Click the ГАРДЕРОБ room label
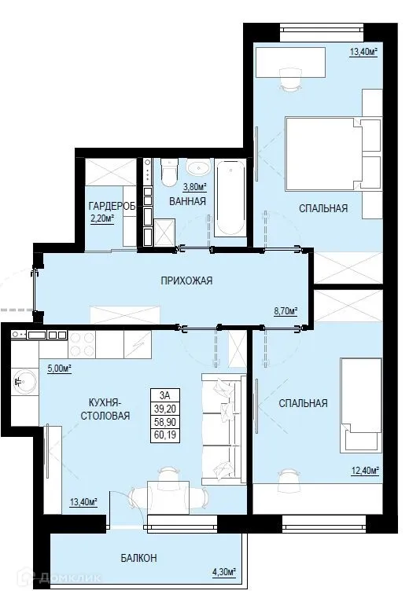tap(112, 206)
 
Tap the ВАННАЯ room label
tap(187, 201)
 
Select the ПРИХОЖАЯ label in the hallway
tap(186, 281)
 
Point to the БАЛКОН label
tap(138, 558)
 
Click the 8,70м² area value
tap(286, 311)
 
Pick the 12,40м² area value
tap(364, 471)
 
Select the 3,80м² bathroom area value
tap(194, 187)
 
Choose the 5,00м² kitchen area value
tap(60, 367)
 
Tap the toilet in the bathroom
tap(166, 174)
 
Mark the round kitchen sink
tap(21, 383)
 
